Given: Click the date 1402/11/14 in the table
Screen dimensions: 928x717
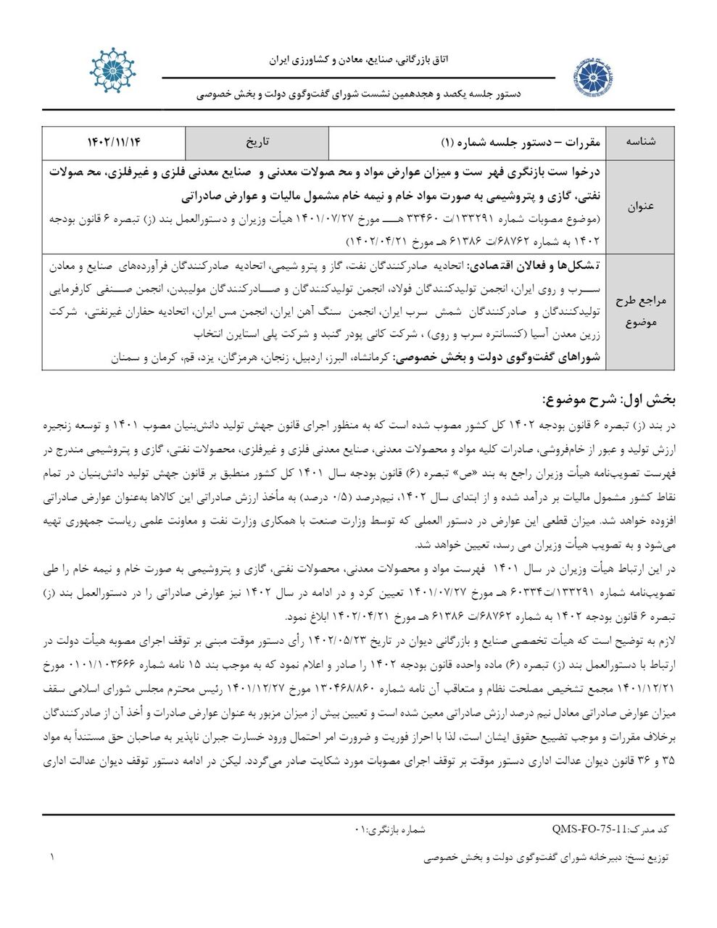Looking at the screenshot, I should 113,141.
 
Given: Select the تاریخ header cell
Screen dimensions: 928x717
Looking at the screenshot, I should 257,141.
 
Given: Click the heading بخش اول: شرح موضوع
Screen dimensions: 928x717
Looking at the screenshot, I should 609,399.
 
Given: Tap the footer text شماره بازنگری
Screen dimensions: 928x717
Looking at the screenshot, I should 391,828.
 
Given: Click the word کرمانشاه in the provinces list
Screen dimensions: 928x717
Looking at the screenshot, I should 366,358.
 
